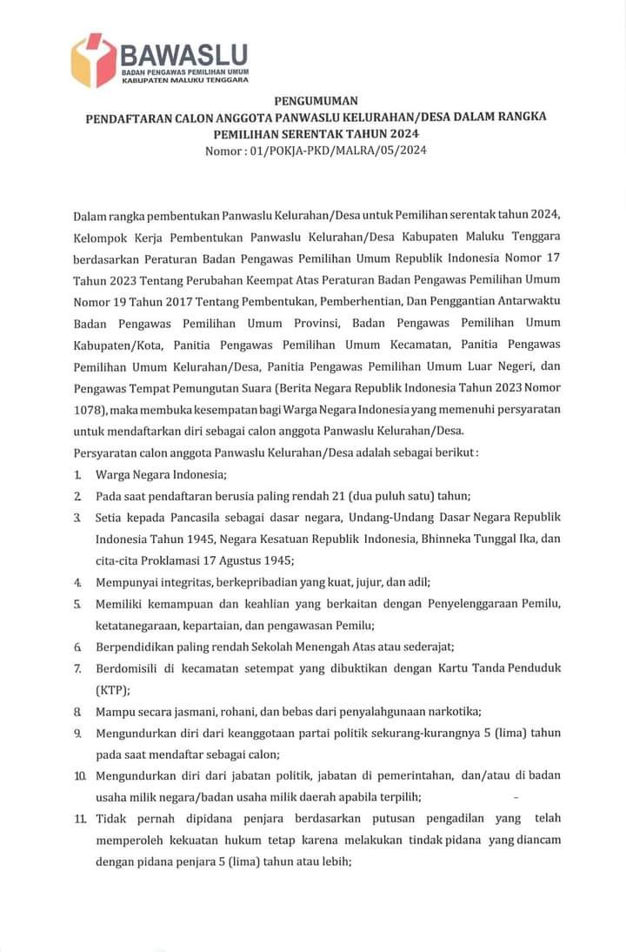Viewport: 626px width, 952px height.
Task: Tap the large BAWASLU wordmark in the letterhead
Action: point(184,54)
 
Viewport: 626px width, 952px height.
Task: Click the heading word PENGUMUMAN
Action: point(316,102)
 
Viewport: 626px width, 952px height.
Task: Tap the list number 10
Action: point(78,774)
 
